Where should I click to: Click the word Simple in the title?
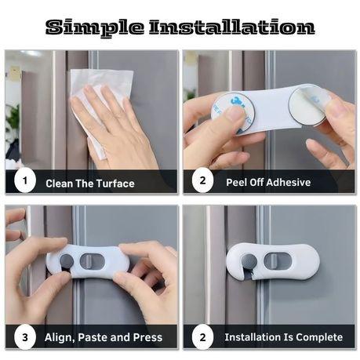(x=96, y=27)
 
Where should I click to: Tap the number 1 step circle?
(x=25, y=182)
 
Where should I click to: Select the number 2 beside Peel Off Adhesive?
(x=202, y=182)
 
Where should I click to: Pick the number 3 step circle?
(x=25, y=337)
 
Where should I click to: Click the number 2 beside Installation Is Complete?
(x=202, y=337)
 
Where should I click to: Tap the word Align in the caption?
(x=59, y=338)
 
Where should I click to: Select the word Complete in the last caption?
(x=317, y=338)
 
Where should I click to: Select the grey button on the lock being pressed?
(x=67, y=260)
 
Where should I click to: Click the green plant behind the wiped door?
(x=13, y=122)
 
